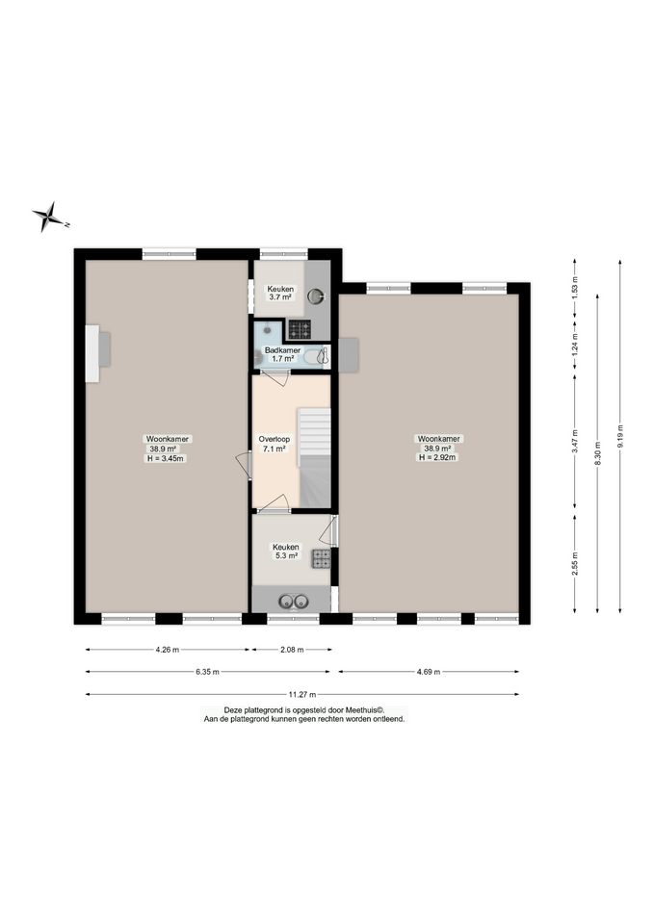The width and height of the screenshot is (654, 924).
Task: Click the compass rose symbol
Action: pyautogui.click(x=48, y=217)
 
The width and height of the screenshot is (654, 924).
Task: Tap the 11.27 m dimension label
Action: pyautogui.click(x=301, y=694)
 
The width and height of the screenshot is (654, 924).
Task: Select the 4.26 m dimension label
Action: pyautogui.click(x=167, y=650)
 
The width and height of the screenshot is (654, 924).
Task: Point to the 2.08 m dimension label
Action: pyautogui.click(x=292, y=650)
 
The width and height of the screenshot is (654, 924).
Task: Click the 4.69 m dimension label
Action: pyautogui.click(x=429, y=671)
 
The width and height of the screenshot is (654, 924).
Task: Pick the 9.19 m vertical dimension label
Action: pyautogui.click(x=620, y=436)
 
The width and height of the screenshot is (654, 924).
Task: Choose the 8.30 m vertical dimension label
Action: pyautogui.click(x=597, y=453)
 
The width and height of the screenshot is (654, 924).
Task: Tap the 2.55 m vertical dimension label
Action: pyautogui.click(x=575, y=564)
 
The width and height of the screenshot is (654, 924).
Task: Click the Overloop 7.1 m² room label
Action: pyautogui.click(x=275, y=444)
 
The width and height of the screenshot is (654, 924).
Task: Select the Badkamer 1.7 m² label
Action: pyautogui.click(x=282, y=354)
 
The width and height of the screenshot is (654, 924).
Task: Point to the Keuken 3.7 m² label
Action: pyautogui.click(x=280, y=293)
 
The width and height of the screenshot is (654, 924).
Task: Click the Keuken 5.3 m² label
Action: pyautogui.click(x=285, y=551)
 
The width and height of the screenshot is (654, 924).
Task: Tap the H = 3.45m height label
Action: pyautogui.click(x=166, y=458)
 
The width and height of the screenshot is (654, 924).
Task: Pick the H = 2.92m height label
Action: pyautogui.click(x=437, y=457)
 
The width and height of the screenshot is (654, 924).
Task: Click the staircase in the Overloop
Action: pyautogui.click(x=314, y=457)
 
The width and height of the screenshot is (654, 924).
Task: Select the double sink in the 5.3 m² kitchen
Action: pyautogui.click(x=294, y=601)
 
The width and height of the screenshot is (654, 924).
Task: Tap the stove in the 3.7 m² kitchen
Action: pyautogui.click(x=300, y=329)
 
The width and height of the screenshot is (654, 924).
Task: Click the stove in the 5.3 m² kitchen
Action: pyautogui.click(x=322, y=558)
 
